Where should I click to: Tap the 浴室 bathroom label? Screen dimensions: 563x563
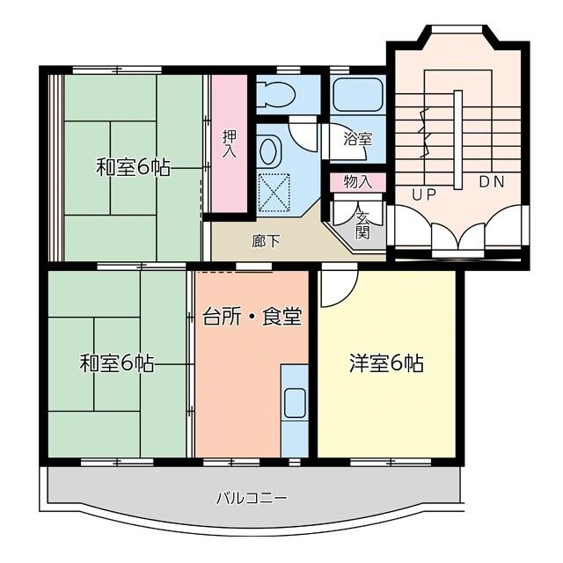pyautogui.click(x=357, y=138)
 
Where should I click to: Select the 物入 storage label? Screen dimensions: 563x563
pyautogui.click(x=357, y=182)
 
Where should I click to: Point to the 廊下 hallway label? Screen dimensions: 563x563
pyautogui.click(x=266, y=240)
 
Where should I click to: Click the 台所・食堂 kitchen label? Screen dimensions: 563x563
pyautogui.click(x=252, y=316)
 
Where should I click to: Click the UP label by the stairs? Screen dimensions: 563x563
pyautogui.click(x=424, y=194)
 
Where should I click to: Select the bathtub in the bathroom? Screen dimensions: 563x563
pyautogui.click(x=356, y=94)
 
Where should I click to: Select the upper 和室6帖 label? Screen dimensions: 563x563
pyautogui.click(x=133, y=166)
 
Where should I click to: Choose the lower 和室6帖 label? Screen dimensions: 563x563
pyautogui.click(x=117, y=362)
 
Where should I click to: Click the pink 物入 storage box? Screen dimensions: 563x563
pyautogui.click(x=357, y=182)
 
